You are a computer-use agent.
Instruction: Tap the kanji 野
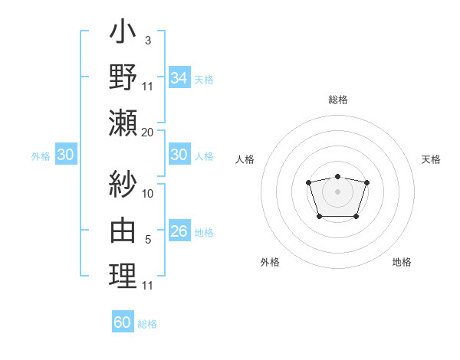[123, 78]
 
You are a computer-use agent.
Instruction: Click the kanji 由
[123, 231]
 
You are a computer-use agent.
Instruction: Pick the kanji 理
[123, 275]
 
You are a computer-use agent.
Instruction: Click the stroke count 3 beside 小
[148, 39]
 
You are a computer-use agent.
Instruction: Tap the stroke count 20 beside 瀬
[147, 132]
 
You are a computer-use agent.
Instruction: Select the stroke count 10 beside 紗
[148, 193]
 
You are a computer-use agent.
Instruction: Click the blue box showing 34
[179, 77]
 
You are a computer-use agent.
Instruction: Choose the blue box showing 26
[179, 231]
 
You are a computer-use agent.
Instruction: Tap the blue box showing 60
[123, 322]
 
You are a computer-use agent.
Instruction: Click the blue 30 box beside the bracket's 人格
[179, 155]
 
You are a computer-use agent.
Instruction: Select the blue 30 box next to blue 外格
[66, 155]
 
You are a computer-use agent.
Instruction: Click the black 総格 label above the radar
[337, 100]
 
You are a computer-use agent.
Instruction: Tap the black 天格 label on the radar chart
[431, 159]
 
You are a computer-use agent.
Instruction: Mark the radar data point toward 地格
[356, 216]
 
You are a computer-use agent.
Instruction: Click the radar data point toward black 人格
[308, 182]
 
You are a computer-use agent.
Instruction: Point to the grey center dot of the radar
[337, 191]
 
